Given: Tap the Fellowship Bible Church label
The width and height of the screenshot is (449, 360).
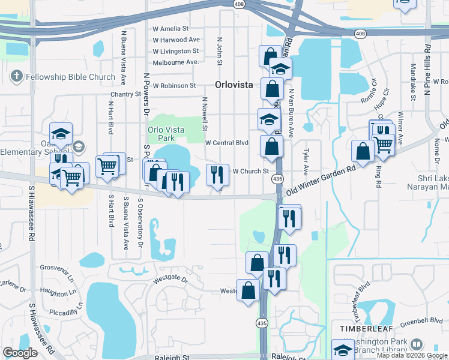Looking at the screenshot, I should (71, 77).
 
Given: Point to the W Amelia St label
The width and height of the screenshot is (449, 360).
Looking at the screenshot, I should (170, 29).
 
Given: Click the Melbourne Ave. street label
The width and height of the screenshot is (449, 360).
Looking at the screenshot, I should (175, 62).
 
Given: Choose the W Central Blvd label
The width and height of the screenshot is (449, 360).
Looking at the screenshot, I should (227, 143).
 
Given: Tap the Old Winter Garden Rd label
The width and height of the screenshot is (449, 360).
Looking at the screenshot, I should (321, 179).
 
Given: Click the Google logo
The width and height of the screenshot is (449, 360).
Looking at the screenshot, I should (20, 353).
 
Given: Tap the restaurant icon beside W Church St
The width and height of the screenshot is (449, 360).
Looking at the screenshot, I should (217, 175).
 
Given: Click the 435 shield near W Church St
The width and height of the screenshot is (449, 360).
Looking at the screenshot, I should (277, 179).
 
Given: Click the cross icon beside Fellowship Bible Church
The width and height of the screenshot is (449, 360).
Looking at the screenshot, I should (16, 77).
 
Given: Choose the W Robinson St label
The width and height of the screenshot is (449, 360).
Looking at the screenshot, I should (174, 86).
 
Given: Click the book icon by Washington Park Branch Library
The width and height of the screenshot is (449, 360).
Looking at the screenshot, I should (417, 345).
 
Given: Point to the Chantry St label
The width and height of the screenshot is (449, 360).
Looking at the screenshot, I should (125, 94).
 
